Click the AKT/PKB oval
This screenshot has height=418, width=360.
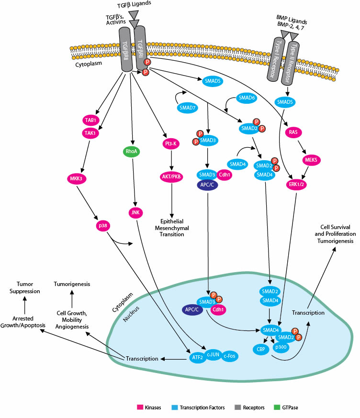[x=171, y=175]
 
